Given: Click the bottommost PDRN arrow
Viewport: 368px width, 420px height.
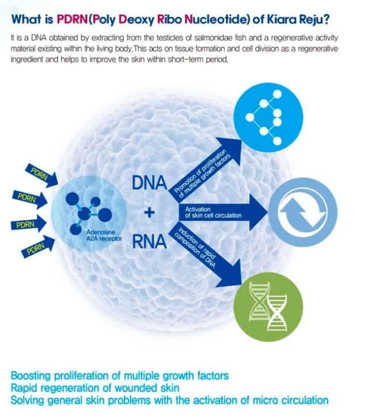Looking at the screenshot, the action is click(x=38, y=247).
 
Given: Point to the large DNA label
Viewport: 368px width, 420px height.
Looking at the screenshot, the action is click(x=149, y=183).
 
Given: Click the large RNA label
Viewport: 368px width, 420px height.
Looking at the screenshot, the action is click(x=149, y=242).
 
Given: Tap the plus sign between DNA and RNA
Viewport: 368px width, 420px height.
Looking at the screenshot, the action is click(x=149, y=213).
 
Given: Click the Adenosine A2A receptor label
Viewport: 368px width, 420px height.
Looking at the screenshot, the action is click(x=104, y=235).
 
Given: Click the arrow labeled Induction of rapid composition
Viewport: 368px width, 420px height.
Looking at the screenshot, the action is click(x=207, y=256).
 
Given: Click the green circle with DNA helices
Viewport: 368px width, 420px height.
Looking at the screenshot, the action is click(x=269, y=307).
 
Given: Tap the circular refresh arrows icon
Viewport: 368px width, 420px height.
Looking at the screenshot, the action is click(x=303, y=213).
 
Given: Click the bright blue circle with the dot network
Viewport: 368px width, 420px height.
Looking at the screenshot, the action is click(x=269, y=118).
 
